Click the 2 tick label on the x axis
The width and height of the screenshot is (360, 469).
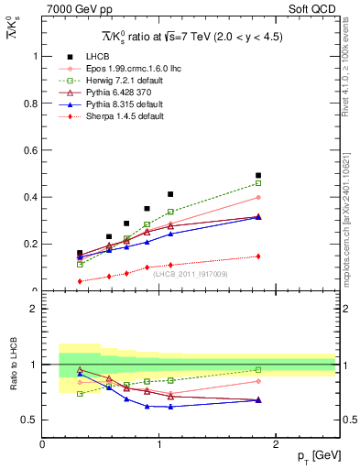[x=277, y=443]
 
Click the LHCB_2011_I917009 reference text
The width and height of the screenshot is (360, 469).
[x=190, y=273]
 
